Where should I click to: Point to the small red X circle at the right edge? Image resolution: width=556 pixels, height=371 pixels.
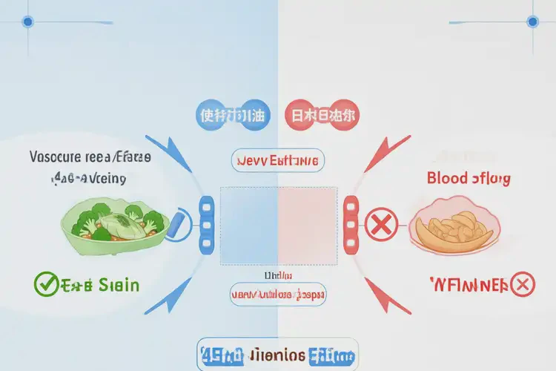tap(523, 283)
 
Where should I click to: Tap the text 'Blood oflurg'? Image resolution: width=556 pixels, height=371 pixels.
tap(469, 178)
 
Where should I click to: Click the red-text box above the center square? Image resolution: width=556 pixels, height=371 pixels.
tap(277, 160)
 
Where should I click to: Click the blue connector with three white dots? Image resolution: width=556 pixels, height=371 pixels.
tap(208, 223)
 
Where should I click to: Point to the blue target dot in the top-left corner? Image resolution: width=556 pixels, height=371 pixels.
tap(27, 22)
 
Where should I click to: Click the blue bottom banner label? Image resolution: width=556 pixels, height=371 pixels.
tap(277, 355)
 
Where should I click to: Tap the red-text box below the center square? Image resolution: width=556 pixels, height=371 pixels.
tap(277, 295)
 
